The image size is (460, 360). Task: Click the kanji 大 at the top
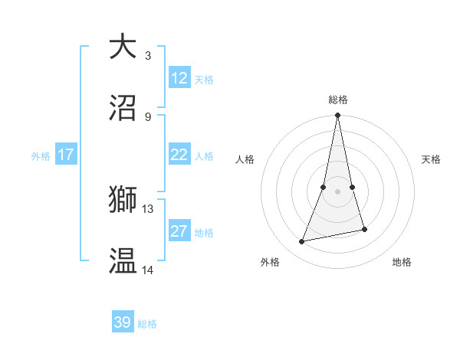click(x=123, y=47)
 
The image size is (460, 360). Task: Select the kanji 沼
click(x=123, y=108)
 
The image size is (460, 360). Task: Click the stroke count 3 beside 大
click(x=147, y=55)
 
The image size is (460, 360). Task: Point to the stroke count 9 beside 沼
click(x=147, y=116)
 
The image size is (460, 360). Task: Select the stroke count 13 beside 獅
click(x=148, y=208)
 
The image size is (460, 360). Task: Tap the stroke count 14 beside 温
click(x=148, y=270)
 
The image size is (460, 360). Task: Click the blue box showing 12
click(x=179, y=78)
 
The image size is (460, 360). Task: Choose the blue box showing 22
click(x=179, y=155)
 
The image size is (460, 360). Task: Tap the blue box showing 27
click(x=179, y=231)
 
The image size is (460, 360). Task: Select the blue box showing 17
click(x=66, y=155)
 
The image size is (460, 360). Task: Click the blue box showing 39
click(x=123, y=322)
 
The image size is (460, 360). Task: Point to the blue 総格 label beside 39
click(x=147, y=324)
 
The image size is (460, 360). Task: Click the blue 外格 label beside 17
click(x=41, y=156)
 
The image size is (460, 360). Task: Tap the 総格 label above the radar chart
click(x=338, y=100)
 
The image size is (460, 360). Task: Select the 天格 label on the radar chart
click(x=432, y=159)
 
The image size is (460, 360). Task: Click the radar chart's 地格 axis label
click(x=402, y=262)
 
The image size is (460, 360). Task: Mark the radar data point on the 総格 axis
click(x=338, y=116)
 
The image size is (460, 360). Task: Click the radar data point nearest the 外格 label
click(x=302, y=242)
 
